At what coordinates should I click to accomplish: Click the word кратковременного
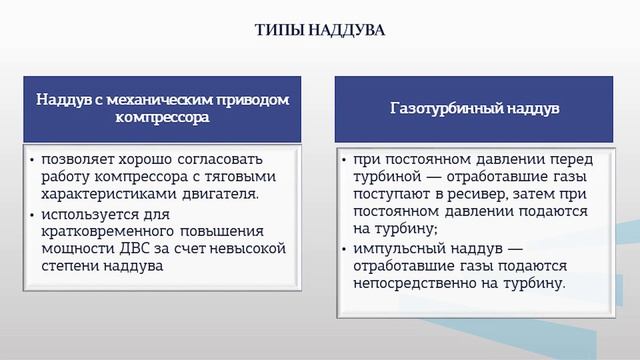(x=106, y=231)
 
